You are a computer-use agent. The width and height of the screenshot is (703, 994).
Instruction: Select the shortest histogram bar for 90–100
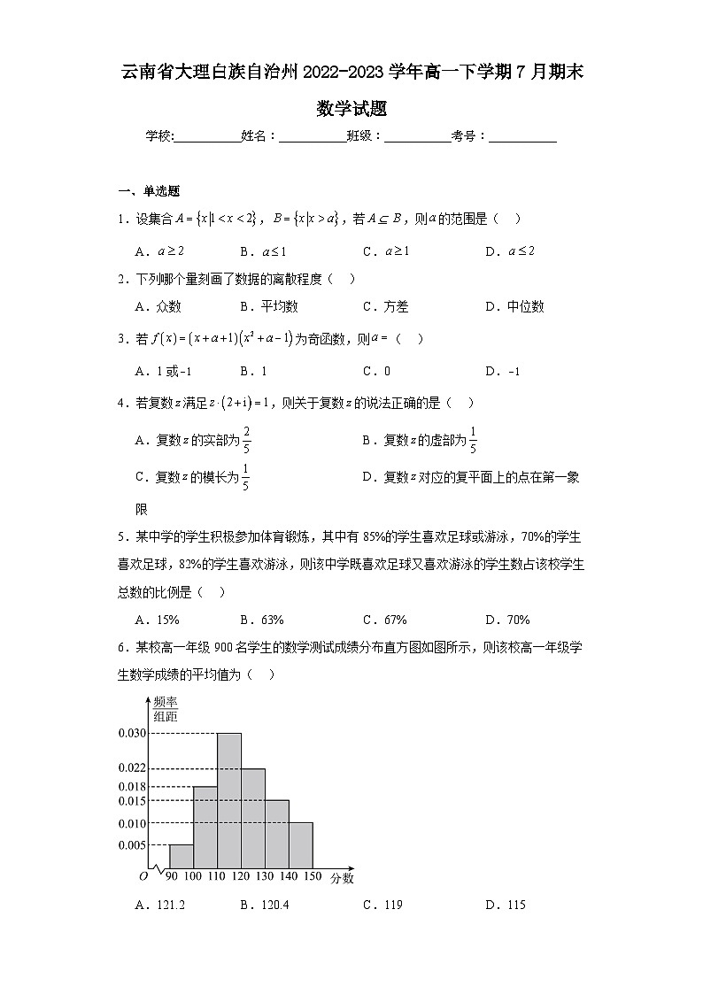(181, 856)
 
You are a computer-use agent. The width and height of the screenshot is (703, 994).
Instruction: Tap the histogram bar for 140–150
(301, 845)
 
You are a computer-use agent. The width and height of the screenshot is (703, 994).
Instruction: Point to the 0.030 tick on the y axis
(130, 733)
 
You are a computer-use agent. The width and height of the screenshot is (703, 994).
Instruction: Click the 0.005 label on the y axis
(130, 844)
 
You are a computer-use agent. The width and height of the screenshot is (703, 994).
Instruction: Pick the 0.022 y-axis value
(130, 768)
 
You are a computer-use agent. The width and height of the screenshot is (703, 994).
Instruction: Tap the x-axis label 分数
(342, 878)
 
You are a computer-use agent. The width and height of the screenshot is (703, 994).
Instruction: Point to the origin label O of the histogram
(143, 876)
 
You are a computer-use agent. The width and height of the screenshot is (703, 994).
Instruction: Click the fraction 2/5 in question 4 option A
(246, 441)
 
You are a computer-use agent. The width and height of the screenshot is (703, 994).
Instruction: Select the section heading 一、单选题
(150, 190)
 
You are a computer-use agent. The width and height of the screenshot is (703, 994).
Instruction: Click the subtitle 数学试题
(351, 110)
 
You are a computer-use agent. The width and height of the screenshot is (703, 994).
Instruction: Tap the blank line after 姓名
(313, 137)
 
